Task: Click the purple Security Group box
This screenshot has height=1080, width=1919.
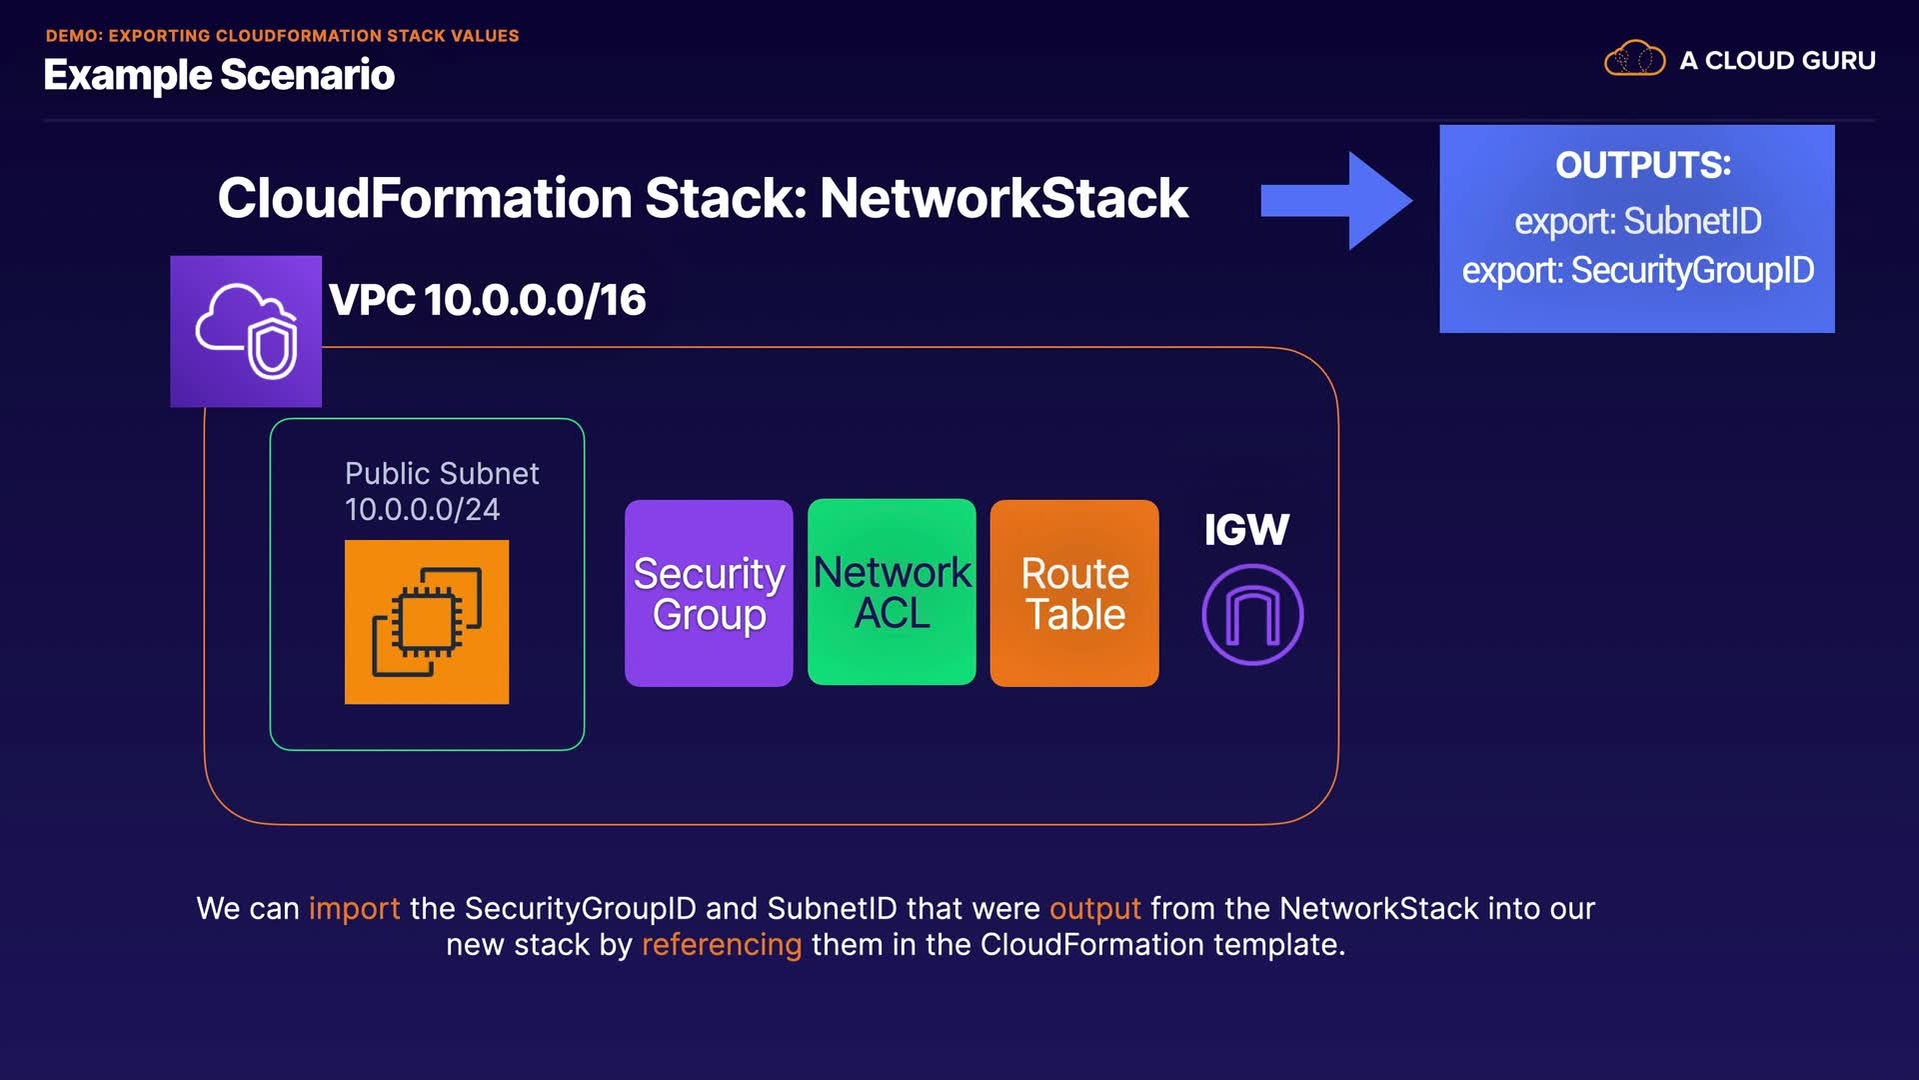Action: pyautogui.click(x=709, y=593)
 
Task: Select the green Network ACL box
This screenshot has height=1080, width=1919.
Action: pyautogui.click(x=892, y=592)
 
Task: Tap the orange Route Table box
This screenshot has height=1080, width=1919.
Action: pyautogui.click(x=1074, y=593)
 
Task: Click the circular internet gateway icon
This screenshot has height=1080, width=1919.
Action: pyautogui.click(x=1252, y=614)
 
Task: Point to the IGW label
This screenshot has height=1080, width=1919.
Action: pyautogui.click(x=1246, y=529)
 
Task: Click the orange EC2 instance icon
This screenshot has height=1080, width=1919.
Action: pyautogui.click(x=427, y=622)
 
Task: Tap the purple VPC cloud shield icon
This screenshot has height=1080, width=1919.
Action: pyautogui.click(x=246, y=331)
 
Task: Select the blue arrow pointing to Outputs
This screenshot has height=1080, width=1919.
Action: pyautogui.click(x=1336, y=200)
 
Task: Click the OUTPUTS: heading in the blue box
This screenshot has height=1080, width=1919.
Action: pyautogui.click(x=1643, y=165)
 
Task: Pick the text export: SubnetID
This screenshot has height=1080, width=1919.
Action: pyautogui.click(x=1638, y=221)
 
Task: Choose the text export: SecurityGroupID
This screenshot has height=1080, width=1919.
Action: pyautogui.click(x=1638, y=270)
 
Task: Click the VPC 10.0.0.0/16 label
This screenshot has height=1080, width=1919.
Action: pyautogui.click(x=488, y=300)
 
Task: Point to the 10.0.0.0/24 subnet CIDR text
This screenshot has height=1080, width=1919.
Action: pyautogui.click(x=422, y=509)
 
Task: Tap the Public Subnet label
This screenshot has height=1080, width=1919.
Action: pyautogui.click(x=442, y=473)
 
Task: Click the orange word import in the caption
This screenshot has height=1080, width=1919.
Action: pyautogui.click(x=354, y=908)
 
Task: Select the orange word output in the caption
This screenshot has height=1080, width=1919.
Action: pyautogui.click(x=1094, y=908)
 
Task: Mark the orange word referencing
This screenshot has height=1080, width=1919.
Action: pyautogui.click(x=722, y=945)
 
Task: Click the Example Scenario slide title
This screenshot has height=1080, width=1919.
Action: pyautogui.click(x=219, y=75)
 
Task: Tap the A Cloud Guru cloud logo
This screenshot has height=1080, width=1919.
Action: pyautogui.click(x=1634, y=59)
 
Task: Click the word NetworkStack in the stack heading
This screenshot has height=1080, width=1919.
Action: pyautogui.click(x=1004, y=198)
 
